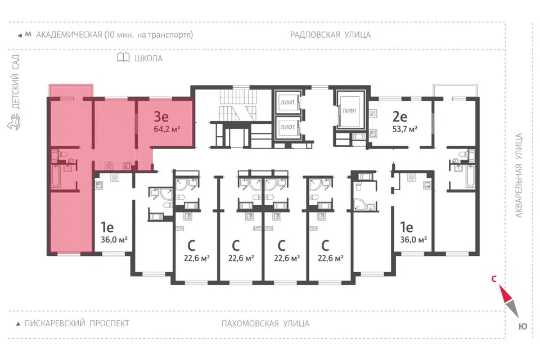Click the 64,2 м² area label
(x=166, y=129)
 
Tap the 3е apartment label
(x=161, y=116)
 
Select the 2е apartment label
(x=400, y=116)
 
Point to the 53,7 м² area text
(x=405, y=129)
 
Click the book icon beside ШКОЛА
(x=123, y=57)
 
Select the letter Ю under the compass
(x=523, y=327)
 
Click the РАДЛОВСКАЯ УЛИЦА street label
(x=330, y=35)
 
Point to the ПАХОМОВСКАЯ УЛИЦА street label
(x=265, y=323)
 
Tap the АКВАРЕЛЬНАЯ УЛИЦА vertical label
(x=519, y=175)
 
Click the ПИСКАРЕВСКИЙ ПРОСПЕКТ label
(x=77, y=323)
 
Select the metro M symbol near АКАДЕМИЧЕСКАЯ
(x=28, y=34)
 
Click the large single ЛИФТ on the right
(x=349, y=111)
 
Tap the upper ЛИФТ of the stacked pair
(x=287, y=102)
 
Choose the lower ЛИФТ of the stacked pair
(x=287, y=127)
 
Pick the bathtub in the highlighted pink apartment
(x=56, y=177)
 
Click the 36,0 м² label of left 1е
(x=114, y=240)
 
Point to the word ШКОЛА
(x=148, y=58)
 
